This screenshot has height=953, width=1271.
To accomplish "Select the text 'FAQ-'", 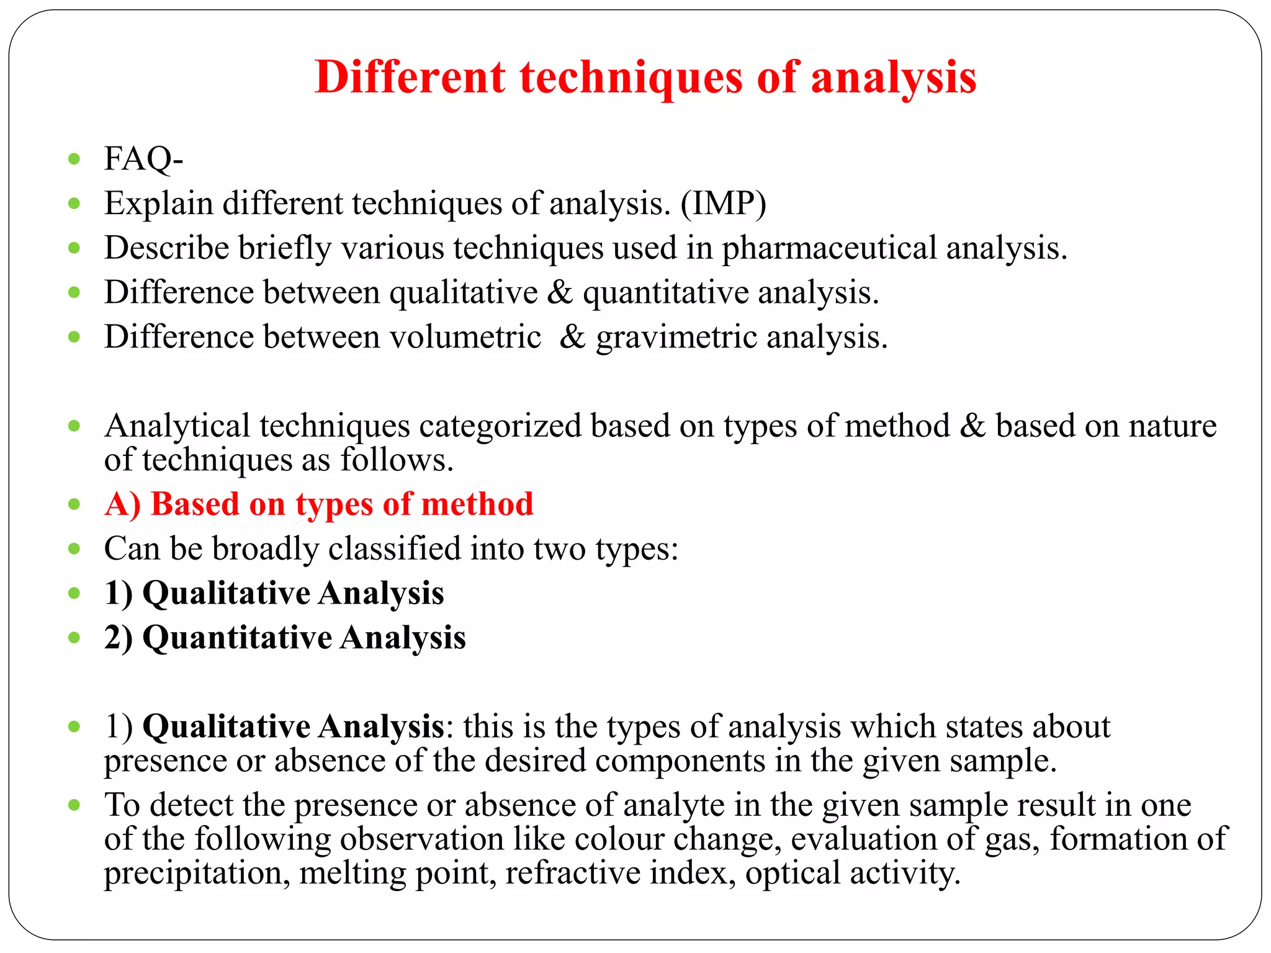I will click(x=143, y=159).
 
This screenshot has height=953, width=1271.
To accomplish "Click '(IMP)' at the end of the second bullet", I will click(x=723, y=204).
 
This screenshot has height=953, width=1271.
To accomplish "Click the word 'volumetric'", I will click(x=465, y=337).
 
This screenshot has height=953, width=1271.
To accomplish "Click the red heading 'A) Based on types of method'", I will click(x=319, y=504).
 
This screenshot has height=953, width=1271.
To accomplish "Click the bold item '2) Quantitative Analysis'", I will click(x=285, y=638).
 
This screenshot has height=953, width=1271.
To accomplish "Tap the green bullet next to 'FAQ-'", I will click(x=74, y=159).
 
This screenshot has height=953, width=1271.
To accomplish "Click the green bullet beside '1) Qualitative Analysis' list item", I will click(x=74, y=593).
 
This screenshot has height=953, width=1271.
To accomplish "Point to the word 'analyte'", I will click(x=674, y=805).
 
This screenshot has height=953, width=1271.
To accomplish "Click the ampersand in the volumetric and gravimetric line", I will click(x=572, y=337).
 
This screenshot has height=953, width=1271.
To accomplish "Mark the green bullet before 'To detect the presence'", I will click(x=74, y=805).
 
